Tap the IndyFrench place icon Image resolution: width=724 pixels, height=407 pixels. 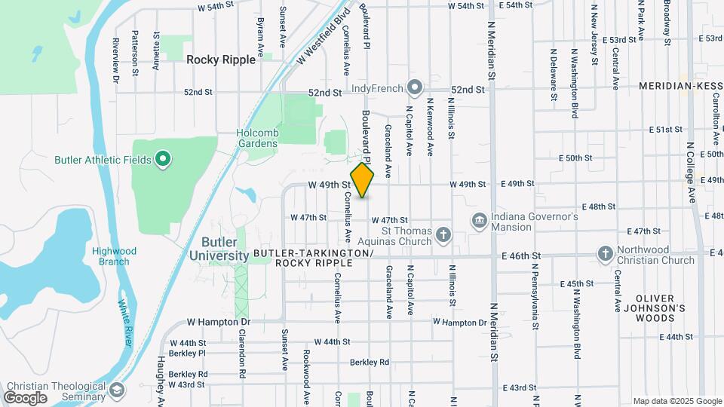[x=414, y=88]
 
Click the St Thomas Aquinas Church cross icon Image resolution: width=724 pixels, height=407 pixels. [x=443, y=235]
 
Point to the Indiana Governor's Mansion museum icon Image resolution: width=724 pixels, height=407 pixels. [x=479, y=221]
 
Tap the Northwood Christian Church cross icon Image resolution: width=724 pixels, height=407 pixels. [x=605, y=254]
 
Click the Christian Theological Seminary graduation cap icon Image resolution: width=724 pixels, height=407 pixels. [x=116, y=390]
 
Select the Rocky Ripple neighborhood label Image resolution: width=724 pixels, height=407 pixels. [x=221, y=59]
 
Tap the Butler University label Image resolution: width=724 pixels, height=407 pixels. [x=225, y=249]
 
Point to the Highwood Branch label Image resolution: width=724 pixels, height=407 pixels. [x=114, y=256]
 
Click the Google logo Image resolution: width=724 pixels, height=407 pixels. [x=26, y=397]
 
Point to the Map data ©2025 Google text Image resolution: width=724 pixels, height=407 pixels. [x=676, y=401]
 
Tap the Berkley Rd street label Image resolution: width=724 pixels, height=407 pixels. [x=373, y=362]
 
